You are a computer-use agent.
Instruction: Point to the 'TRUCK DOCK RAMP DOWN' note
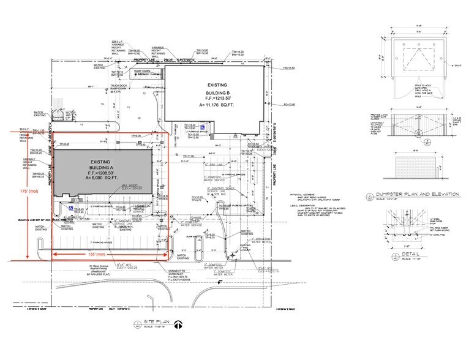[119, 88]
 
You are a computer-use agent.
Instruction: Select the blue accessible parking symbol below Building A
[71, 208]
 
